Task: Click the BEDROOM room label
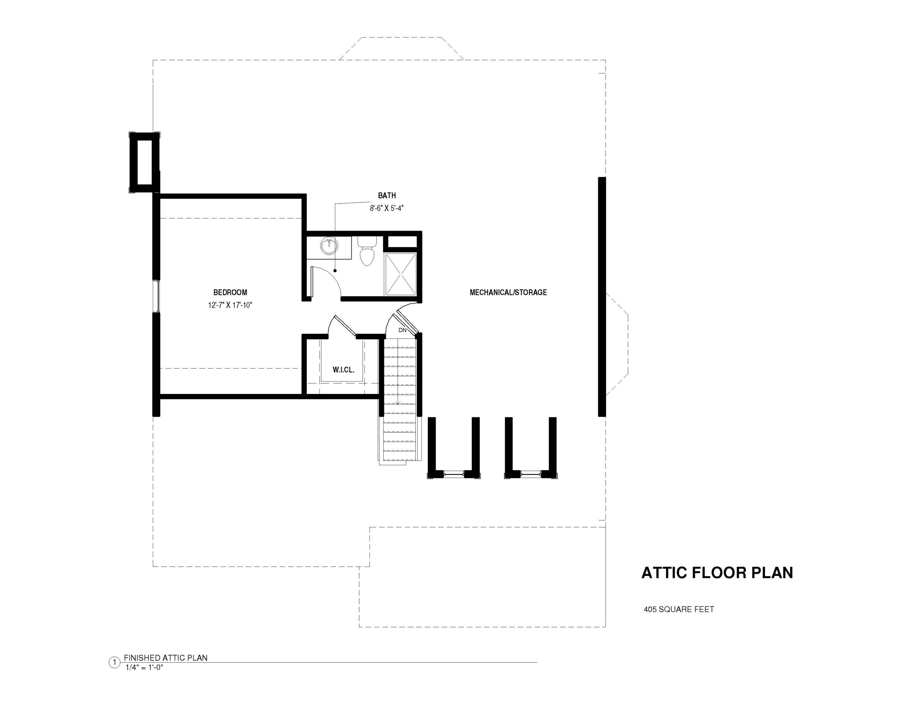click(230, 293)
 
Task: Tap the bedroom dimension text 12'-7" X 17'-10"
click(230, 305)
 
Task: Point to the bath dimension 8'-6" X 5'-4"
click(387, 208)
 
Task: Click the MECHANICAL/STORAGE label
click(508, 293)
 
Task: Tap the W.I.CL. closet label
click(344, 370)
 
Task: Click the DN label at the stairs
click(403, 330)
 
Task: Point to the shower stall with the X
click(401, 274)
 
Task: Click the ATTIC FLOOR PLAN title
click(717, 573)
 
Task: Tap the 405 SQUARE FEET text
click(679, 609)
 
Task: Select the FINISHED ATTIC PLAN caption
click(166, 658)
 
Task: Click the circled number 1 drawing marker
click(114, 663)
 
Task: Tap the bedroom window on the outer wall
click(156, 296)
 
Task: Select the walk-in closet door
click(345, 326)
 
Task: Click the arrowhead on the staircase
click(398, 403)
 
